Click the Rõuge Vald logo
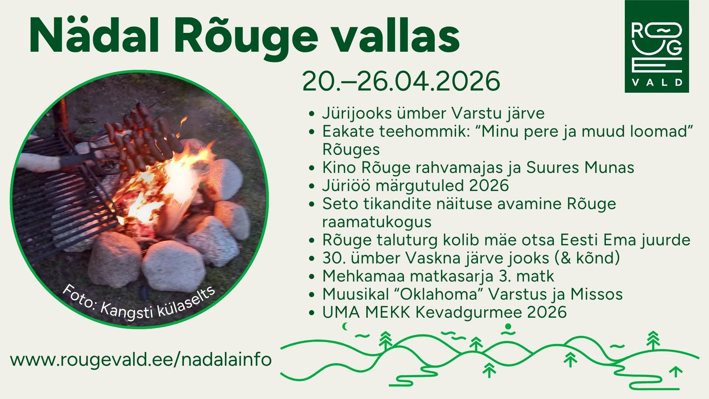click(657, 46)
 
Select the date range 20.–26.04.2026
click(401, 82)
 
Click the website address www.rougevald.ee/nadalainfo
click(141, 359)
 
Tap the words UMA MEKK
click(366, 313)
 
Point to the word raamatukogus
click(377, 222)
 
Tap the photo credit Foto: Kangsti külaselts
click(138, 302)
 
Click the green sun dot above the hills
click(508, 326)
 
